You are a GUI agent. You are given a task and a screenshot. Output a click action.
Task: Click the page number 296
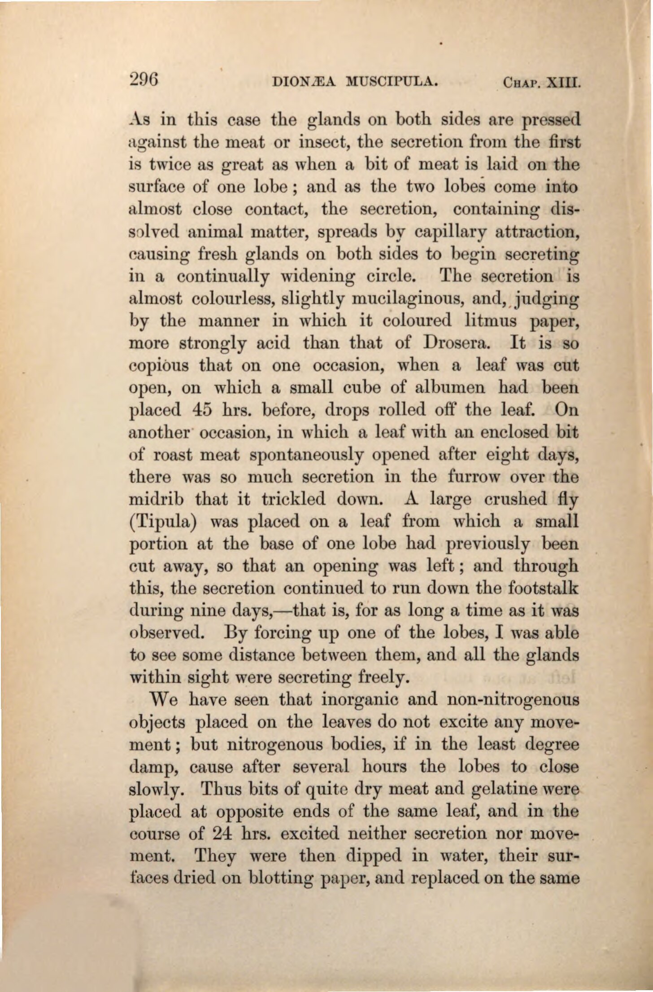(143, 80)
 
